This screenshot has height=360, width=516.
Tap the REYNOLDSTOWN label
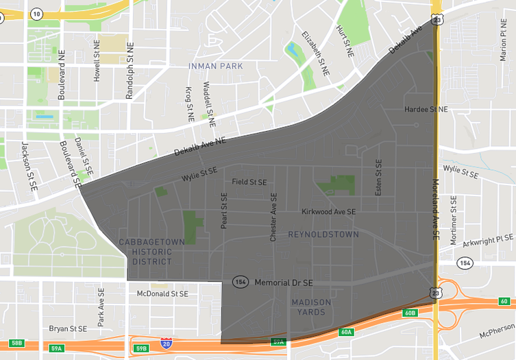[323, 235]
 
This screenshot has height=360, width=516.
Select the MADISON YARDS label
[310, 307]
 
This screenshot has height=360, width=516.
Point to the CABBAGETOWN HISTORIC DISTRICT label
[151, 251]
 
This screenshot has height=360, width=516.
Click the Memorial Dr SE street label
[283, 283]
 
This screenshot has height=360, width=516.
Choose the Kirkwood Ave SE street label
[328, 213]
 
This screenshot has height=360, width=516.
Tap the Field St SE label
[249, 182]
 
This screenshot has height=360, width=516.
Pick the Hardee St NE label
[426, 110]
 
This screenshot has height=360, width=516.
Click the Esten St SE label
[378, 178]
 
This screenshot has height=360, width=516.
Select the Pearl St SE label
[223, 211]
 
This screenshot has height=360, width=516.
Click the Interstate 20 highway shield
[166, 342]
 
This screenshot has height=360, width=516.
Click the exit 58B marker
[16, 343]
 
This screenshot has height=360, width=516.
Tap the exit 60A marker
[346, 332]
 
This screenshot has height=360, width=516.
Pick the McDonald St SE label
[162, 293]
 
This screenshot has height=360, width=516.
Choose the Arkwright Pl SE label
[488, 239]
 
